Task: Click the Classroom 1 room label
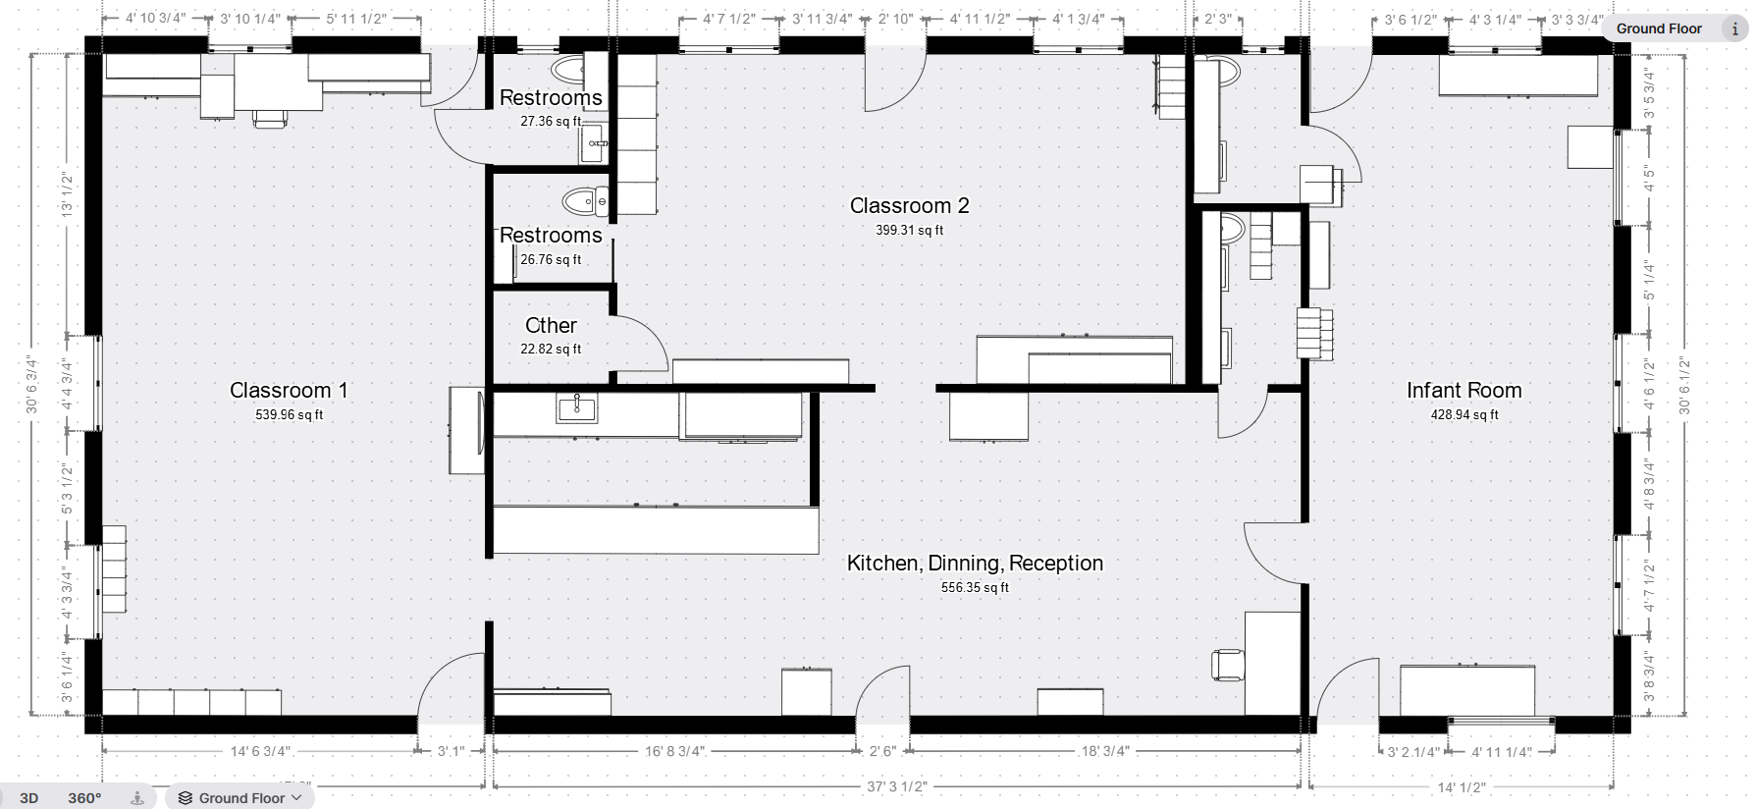289,391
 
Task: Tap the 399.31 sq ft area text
909,231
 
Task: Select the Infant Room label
1463,391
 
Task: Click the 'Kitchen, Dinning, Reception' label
975,564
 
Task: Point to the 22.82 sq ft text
551,350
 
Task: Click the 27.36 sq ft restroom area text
551,122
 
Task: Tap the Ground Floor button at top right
1659,28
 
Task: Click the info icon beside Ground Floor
1734,28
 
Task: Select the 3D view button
29,797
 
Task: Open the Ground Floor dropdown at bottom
241,797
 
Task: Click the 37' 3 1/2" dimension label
896,786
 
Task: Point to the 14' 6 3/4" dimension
259,751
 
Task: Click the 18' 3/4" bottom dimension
1105,751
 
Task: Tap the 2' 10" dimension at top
896,19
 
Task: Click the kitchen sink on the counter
577,407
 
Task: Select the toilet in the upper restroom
567,69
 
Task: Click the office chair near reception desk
1228,665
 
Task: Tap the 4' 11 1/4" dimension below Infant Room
1502,752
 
